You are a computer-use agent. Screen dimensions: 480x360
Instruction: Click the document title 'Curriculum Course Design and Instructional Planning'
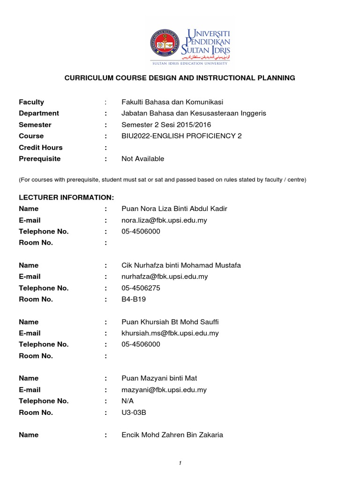point(180,78)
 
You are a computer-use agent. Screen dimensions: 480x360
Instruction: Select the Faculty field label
point(31,102)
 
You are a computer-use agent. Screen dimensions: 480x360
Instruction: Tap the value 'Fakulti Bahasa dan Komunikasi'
point(172,102)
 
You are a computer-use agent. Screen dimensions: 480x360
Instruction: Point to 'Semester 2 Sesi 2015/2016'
point(166,125)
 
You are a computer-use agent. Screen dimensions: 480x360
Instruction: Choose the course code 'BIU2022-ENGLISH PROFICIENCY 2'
point(181,136)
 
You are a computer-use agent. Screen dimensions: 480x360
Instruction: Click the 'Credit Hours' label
point(40,147)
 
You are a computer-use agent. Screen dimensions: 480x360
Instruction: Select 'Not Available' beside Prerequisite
point(142,158)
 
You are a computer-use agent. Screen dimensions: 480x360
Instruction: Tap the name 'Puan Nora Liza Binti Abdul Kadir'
point(174,209)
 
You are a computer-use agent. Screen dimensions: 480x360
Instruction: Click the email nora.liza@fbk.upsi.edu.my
point(164,220)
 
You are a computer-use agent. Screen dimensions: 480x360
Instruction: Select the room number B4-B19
point(134,299)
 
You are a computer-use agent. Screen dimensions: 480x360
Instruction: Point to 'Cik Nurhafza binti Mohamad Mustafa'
point(181,265)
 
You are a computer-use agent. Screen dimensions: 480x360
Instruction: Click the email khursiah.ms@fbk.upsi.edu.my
point(170,333)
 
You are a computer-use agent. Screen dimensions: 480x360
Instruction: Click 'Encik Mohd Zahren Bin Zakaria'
point(172,435)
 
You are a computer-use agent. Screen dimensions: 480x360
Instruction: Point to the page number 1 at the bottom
point(180,463)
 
